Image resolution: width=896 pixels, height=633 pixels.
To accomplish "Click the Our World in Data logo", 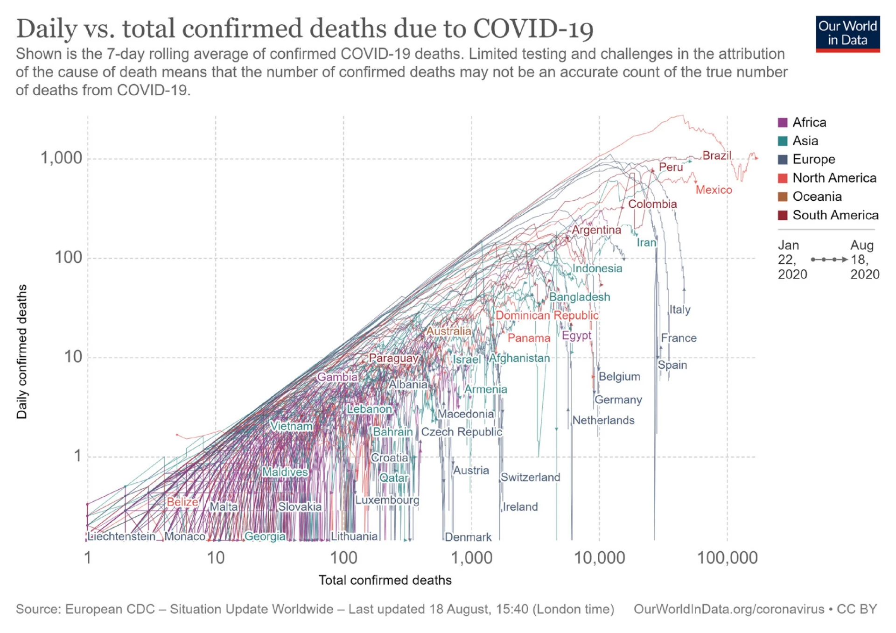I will tap(847, 34).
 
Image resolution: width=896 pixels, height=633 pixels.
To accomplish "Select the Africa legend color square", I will tap(783, 123).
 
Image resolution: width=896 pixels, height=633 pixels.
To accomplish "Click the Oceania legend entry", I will tap(817, 197).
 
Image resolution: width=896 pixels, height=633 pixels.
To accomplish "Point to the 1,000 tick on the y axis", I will tap(61, 158).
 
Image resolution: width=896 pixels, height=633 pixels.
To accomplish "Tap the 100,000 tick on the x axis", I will tap(727, 558).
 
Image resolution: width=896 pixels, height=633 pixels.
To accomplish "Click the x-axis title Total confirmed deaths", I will tap(385, 580).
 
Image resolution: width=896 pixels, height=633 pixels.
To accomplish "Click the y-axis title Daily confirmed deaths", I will tap(22, 352).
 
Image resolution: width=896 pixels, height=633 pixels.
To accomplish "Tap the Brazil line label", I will tap(717, 155).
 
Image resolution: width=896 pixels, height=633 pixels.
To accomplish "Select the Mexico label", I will tap(714, 190).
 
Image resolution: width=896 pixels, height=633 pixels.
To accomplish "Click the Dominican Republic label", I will tap(546, 316).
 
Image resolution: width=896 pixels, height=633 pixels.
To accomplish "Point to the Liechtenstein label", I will tap(122, 536).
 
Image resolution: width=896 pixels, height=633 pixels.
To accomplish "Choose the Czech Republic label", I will tap(461, 432).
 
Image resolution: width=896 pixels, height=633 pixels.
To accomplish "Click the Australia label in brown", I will tap(448, 331).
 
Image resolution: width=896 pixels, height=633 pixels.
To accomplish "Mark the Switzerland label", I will tap(530, 477).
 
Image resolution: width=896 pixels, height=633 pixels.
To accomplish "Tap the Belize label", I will tap(182, 502).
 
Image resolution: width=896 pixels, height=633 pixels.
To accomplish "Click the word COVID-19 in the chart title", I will tap(533, 29).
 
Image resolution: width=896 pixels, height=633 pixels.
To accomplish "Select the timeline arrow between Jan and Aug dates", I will tap(829, 260).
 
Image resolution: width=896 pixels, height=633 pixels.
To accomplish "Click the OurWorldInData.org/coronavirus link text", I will tap(728, 609).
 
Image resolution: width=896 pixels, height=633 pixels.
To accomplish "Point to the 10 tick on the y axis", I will tap(73, 357).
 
